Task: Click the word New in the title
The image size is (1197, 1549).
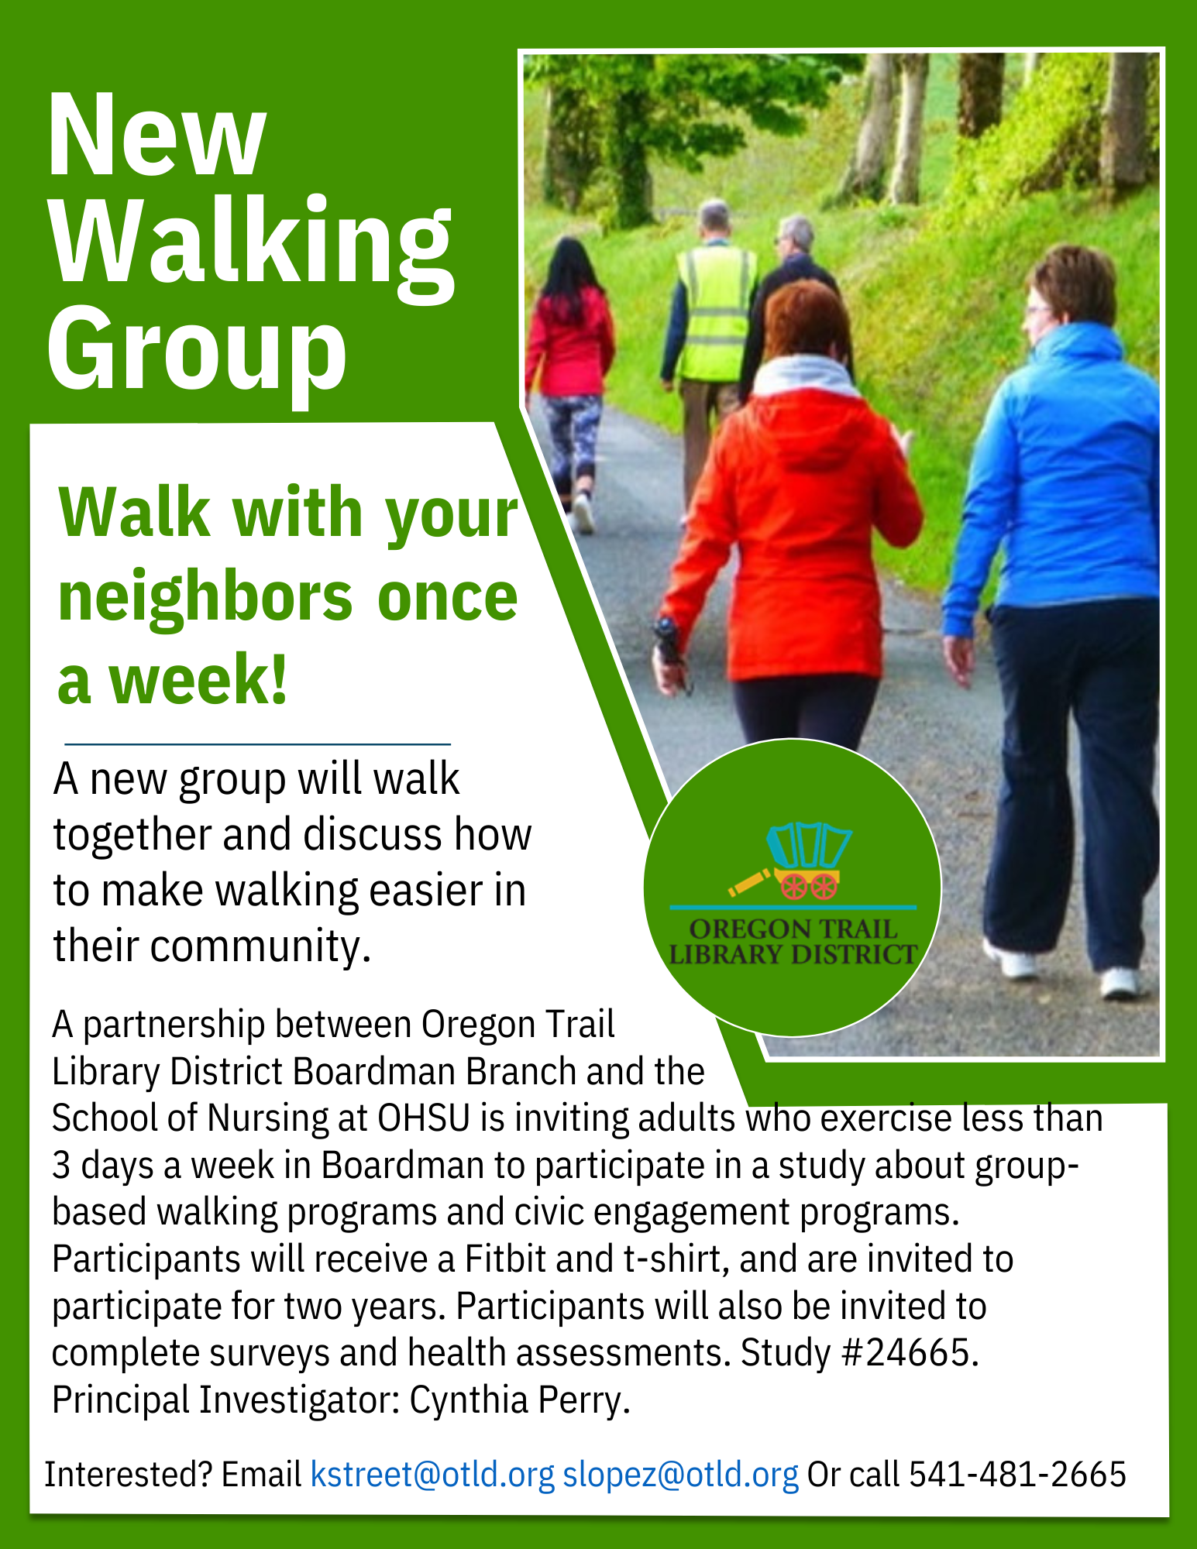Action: click(x=157, y=135)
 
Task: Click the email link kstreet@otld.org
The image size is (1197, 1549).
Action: click(x=432, y=1475)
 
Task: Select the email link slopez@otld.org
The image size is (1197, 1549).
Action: click(x=680, y=1475)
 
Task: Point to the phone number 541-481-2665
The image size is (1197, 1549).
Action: click(x=1017, y=1474)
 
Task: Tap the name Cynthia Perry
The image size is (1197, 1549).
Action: click(x=519, y=1400)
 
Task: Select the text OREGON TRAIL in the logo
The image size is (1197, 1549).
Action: click(x=793, y=929)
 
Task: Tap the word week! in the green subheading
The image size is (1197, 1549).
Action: click(x=198, y=678)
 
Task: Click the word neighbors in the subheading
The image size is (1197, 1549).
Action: click(x=205, y=599)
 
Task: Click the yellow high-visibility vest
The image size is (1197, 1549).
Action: click(x=716, y=313)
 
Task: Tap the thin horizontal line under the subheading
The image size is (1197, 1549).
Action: click(x=257, y=744)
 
